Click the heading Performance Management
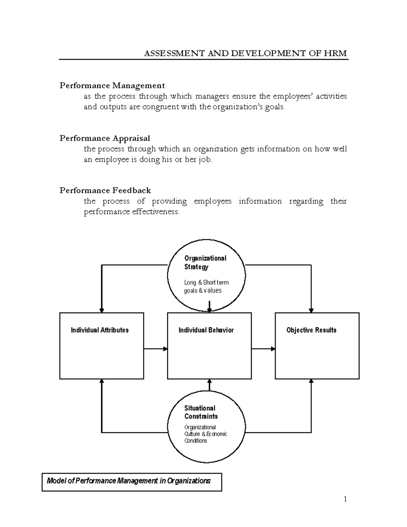coord(112,86)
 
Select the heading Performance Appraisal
coord(105,138)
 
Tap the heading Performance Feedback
coord(105,190)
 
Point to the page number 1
coord(345,499)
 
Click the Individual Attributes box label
coord(100,330)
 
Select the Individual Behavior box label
coord(206,330)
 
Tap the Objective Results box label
coord(311,330)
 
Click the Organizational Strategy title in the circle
coord(205,262)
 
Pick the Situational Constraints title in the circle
coord(201,412)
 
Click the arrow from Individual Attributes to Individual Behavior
coord(156,349)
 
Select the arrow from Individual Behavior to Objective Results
coord(263,349)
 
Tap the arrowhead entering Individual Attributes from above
coord(101,310)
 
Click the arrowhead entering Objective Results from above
coord(311,310)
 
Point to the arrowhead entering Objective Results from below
coord(311,381)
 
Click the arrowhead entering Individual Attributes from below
coord(101,381)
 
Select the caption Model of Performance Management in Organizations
coord(129,481)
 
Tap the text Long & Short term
coord(206,282)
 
